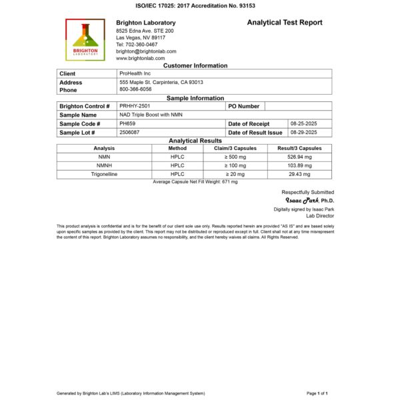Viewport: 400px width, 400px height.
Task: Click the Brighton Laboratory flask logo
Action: coord(85,40)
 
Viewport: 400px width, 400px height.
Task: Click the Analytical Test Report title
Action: coord(285,22)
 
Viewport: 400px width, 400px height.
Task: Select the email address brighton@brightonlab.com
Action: coord(146,51)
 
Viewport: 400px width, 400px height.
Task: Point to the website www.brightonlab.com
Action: coord(140,58)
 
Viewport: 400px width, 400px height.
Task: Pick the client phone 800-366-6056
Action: coord(135,89)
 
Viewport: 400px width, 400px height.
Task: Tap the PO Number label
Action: coord(243,106)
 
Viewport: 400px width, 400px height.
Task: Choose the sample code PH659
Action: coord(127,123)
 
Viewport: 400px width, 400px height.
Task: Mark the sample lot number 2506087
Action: coord(130,132)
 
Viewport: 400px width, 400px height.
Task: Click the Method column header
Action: coord(177,148)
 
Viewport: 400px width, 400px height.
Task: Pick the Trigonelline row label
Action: coord(104,173)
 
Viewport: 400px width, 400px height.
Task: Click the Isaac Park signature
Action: coord(301,200)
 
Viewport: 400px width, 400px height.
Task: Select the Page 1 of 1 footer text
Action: coord(317,393)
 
